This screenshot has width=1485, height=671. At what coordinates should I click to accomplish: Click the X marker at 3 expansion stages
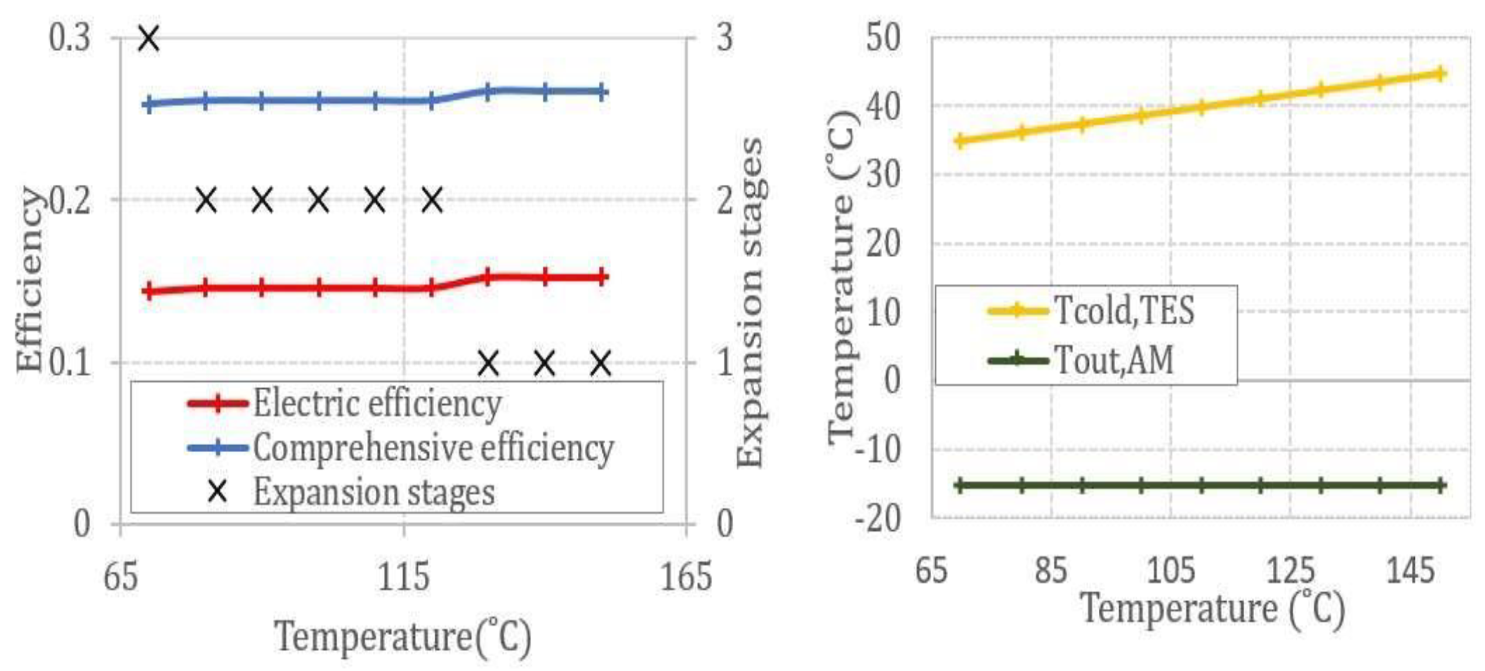[x=149, y=39]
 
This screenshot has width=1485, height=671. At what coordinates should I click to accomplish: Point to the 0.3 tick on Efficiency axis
[x=70, y=38]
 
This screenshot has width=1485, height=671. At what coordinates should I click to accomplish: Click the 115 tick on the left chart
[x=404, y=576]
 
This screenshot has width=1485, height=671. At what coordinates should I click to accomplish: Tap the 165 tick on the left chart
[x=686, y=576]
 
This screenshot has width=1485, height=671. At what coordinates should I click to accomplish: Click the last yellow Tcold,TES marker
[x=1440, y=74]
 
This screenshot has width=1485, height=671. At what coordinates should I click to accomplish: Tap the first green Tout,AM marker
[x=960, y=485]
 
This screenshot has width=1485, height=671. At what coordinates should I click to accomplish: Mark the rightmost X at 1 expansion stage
[x=601, y=364]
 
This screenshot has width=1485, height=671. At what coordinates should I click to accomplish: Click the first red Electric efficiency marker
[x=149, y=291]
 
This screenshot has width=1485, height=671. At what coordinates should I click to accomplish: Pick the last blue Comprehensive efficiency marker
[x=602, y=92]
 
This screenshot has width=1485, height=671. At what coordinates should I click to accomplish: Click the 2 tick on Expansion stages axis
[x=725, y=201]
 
